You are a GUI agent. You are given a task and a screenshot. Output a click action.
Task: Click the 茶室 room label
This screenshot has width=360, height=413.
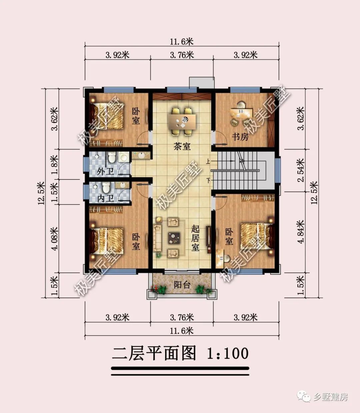pyautogui.click(x=182, y=146)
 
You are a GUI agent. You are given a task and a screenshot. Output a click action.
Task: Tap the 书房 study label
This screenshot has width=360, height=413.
pyautogui.click(x=240, y=137)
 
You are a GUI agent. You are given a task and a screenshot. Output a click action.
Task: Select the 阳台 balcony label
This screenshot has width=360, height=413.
pyautogui.click(x=182, y=285)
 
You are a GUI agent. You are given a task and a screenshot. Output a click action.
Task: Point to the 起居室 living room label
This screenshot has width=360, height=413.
pyautogui.click(x=195, y=238)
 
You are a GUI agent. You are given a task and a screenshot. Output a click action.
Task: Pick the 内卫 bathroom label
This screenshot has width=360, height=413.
pyautogui.click(x=106, y=198)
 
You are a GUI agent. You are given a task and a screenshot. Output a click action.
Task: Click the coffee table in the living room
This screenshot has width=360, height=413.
pyautogui.click(x=174, y=238)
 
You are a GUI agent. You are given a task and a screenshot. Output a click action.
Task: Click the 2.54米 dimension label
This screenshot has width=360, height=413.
pyautogui.click(x=301, y=170)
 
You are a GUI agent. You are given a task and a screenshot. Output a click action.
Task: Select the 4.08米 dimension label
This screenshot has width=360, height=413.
pyautogui.click(x=55, y=238)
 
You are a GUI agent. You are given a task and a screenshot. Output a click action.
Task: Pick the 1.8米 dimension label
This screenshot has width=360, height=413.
pyautogui.click(x=55, y=164)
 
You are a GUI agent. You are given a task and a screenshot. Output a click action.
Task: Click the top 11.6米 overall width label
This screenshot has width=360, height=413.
pyautogui.click(x=182, y=42)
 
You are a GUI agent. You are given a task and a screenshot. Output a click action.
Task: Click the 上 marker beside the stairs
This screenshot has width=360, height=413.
pyautogui.click(x=208, y=162)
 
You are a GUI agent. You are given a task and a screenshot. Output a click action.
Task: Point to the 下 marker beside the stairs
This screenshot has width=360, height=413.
pyautogui.click(x=208, y=180)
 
